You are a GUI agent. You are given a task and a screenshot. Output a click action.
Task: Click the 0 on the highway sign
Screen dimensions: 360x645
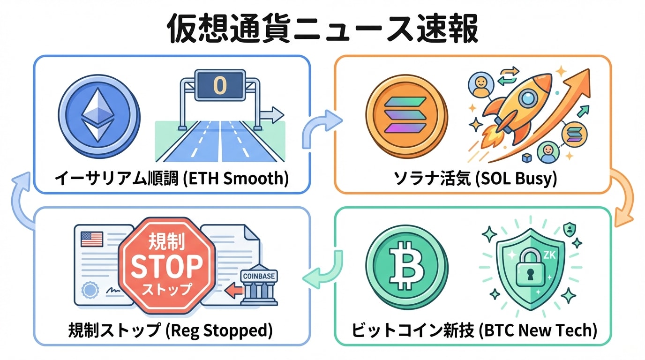point(220,84)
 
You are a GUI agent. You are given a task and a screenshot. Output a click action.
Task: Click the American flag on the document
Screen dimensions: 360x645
point(92,239)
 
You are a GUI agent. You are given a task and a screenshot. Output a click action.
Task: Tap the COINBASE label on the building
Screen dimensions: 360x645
point(259,276)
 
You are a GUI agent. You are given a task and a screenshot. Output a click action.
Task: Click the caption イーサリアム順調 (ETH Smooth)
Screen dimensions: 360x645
point(172,178)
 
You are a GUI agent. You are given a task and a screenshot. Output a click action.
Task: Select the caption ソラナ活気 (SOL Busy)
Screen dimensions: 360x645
point(473,178)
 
